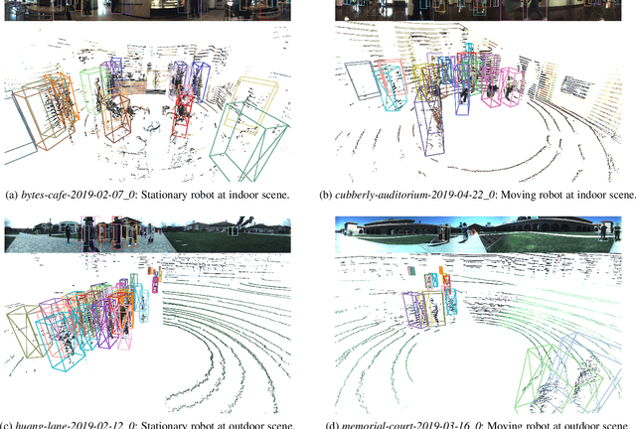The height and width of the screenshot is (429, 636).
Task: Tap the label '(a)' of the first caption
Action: (x=12, y=195)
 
